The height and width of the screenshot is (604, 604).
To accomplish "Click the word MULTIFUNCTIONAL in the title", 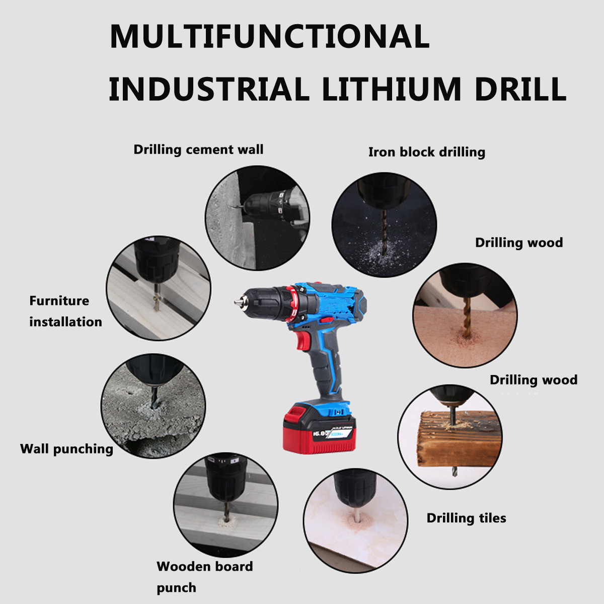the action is pyautogui.click(x=270, y=36).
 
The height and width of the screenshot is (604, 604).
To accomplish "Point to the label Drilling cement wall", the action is pyautogui.click(x=198, y=149).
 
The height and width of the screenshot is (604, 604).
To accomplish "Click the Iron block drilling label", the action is pyautogui.click(x=427, y=153).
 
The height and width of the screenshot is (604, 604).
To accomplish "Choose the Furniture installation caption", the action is pyautogui.click(x=65, y=311).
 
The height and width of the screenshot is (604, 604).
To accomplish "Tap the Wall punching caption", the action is pyautogui.click(x=66, y=449).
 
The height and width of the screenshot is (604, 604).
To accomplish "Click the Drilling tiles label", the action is pyautogui.click(x=466, y=518).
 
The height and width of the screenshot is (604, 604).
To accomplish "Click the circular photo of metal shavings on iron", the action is pyautogui.click(x=384, y=224).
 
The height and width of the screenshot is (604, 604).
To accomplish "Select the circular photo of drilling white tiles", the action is pyautogui.click(x=355, y=520).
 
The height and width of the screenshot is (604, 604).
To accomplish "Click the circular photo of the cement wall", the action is pyautogui.click(x=257, y=218).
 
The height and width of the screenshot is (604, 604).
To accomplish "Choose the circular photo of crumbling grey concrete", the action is pyautogui.click(x=154, y=406).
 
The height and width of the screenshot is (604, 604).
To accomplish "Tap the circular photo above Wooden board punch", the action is pyautogui.click(x=225, y=505).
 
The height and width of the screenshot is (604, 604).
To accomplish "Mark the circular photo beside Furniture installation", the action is pyautogui.click(x=158, y=288).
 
